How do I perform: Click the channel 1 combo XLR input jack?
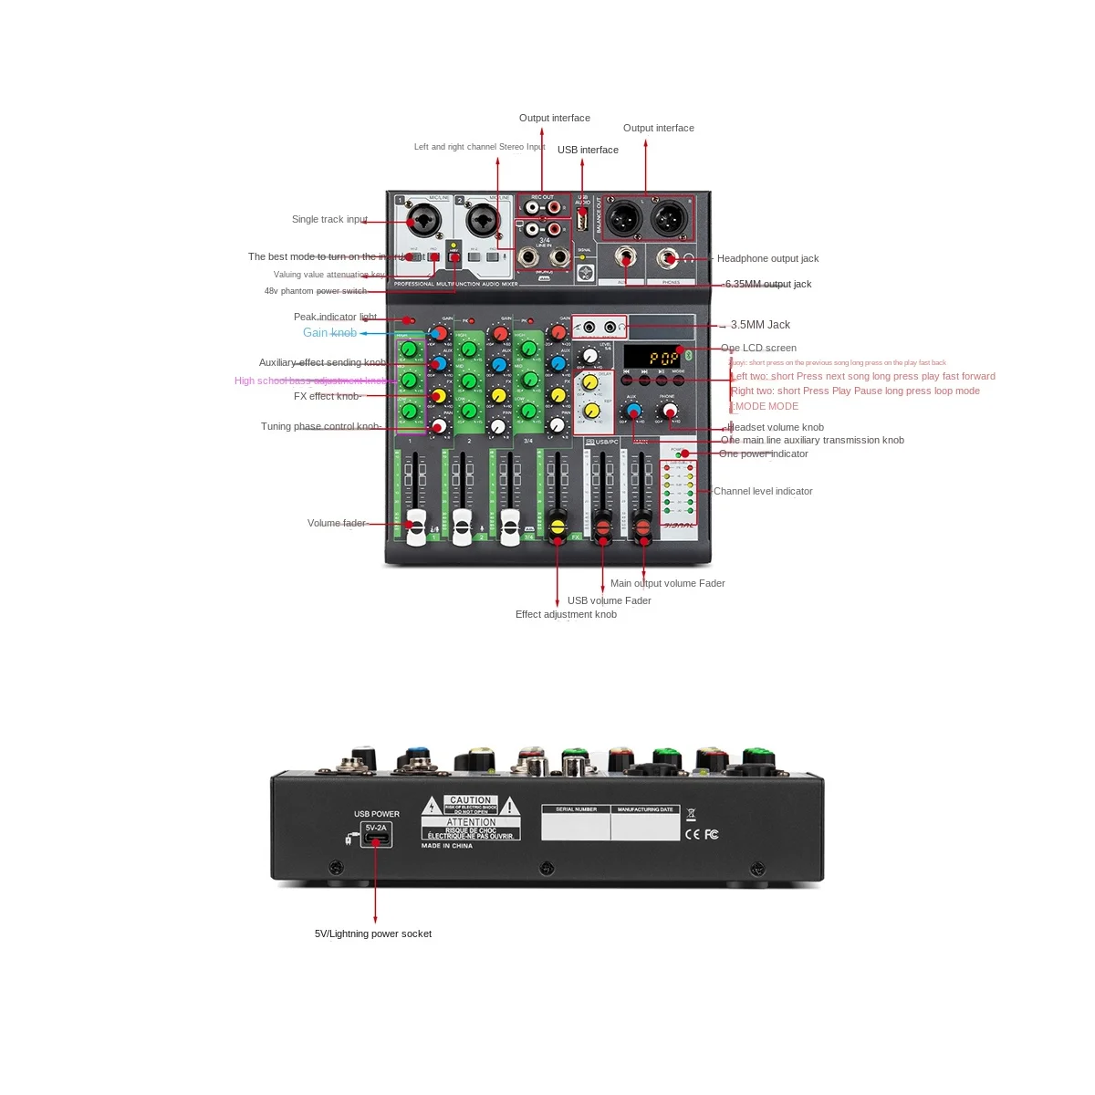point(425,221)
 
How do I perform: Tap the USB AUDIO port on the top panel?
point(582,219)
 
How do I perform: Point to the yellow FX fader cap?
point(558,527)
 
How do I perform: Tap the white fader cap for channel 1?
point(417,527)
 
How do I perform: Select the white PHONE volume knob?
point(668,411)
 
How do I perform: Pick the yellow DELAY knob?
point(590,381)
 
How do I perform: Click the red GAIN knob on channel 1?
point(439,333)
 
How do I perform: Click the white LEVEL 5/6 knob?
point(590,356)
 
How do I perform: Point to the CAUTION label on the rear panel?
point(470,800)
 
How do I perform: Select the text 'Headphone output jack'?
point(767,259)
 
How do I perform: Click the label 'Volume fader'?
point(336,523)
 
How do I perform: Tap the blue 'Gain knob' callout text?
point(329,333)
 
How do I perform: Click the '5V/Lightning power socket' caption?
point(373,933)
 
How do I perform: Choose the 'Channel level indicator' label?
point(763,491)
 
